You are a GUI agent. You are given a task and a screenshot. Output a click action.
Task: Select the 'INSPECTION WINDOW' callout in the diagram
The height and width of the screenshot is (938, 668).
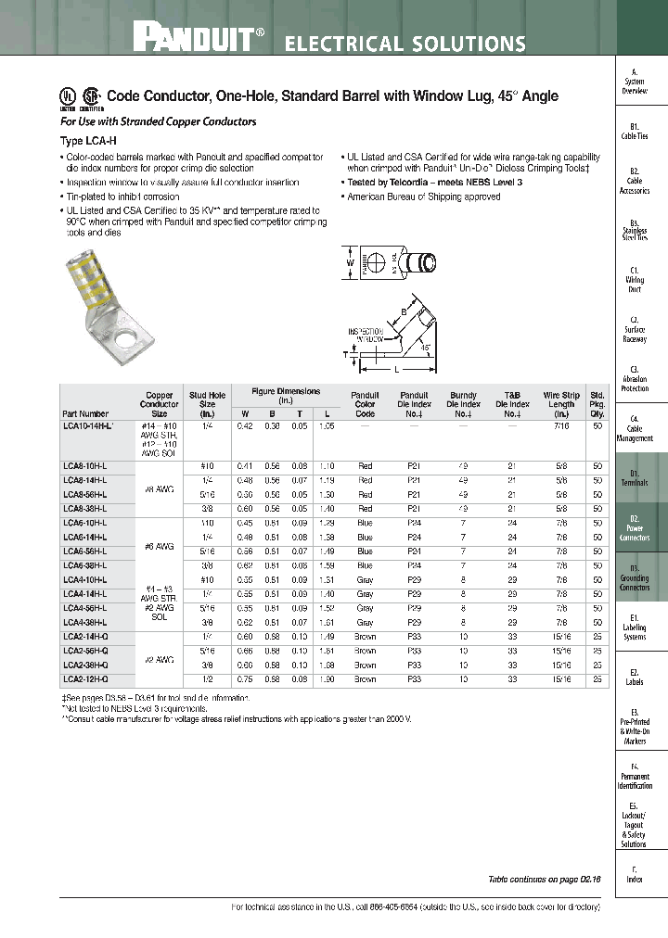[x=366, y=336]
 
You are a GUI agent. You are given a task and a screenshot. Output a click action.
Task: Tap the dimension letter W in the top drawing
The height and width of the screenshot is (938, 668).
[x=349, y=262]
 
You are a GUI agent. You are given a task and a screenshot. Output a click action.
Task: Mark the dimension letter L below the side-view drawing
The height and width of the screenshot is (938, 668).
[x=396, y=369]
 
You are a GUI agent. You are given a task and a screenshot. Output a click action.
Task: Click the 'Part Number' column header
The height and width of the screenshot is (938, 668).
[x=85, y=413]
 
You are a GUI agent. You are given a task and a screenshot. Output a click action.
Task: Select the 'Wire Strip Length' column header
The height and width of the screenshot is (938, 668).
[x=560, y=403]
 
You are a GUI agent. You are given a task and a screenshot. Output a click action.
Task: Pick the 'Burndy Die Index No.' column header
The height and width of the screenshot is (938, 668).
[x=463, y=403]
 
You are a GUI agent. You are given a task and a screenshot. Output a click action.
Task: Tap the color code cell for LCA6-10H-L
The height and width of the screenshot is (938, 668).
[x=365, y=524]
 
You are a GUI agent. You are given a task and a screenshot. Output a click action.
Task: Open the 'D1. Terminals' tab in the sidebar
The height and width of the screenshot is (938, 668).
[x=635, y=478]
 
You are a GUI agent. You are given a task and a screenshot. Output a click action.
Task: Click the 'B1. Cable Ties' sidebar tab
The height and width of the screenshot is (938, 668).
[x=635, y=131]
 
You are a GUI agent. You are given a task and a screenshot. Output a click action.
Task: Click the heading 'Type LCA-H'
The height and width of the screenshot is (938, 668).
[x=85, y=140]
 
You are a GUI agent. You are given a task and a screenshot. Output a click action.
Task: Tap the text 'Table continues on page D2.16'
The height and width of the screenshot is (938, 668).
[x=545, y=878]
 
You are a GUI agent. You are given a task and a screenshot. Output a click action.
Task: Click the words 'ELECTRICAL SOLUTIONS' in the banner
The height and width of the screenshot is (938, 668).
[x=404, y=44]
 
